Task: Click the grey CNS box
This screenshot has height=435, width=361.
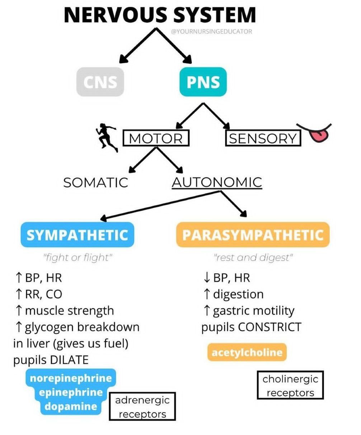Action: click(x=100, y=82)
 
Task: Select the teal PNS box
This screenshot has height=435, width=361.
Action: click(x=203, y=82)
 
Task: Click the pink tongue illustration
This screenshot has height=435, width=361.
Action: click(x=319, y=135)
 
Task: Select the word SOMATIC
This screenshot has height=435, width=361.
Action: click(x=95, y=183)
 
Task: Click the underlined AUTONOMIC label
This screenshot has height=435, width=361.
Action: click(x=217, y=183)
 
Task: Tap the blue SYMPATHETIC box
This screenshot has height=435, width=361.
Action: click(x=77, y=235)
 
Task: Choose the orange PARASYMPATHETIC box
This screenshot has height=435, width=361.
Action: click(x=253, y=235)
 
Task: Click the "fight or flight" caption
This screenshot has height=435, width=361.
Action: click(x=78, y=258)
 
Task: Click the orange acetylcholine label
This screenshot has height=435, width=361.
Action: click(x=247, y=352)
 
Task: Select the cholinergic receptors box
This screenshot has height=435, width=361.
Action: click(x=290, y=385)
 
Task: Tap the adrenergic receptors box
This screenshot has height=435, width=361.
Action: click(x=142, y=407)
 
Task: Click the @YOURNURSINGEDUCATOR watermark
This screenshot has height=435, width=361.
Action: click(x=212, y=32)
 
